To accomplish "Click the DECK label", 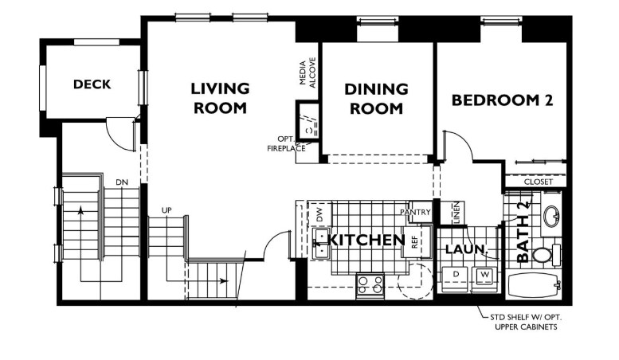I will (x=92, y=84).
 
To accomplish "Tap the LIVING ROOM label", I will (x=219, y=98).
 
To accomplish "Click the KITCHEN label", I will (x=367, y=240).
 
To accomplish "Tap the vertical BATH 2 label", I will (x=523, y=232).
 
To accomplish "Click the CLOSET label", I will (x=538, y=182).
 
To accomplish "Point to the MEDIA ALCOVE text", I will (x=308, y=72).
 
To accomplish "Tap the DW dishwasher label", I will (x=319, y=213).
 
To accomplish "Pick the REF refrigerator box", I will (x=415, y=243).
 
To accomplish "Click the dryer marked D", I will (x=456, y=275).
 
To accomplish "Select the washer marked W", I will (x=483, y=275).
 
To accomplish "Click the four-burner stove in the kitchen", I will (x=370, y=284).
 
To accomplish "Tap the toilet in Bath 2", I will (x=544, y=255).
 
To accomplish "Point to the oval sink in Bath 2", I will (x=550, y=215).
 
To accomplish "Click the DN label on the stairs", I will (x=121, y=182).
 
